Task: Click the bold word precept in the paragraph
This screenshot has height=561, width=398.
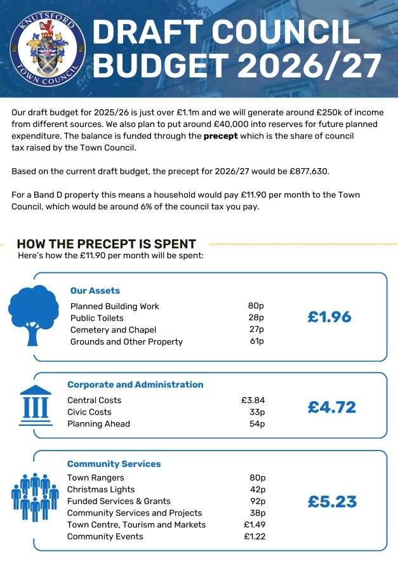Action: click(220, 136)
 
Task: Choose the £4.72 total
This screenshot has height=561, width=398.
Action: click(332, 407)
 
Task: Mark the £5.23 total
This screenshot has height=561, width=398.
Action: click(332, 502)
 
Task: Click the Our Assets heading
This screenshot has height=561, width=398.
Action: click(95, 291)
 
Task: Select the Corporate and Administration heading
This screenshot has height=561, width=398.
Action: click(135, 385)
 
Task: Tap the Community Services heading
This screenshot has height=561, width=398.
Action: click(114, 464)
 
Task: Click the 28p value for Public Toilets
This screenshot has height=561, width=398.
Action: click(256, 318)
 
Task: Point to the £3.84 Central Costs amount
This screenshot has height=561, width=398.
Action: click(253, 400)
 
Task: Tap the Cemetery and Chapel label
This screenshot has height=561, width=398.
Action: click(113, 330)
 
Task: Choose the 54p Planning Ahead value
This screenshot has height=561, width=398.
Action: click(256, 424)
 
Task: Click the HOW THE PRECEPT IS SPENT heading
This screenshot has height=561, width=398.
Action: click(106, 244)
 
